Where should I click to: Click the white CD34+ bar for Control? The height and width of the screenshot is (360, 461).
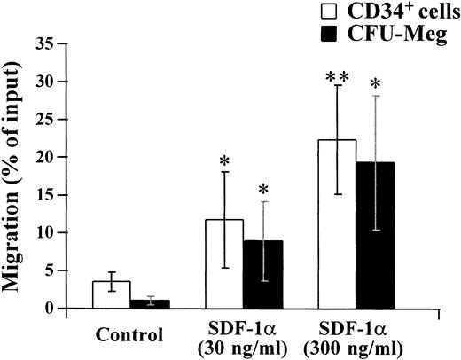pyautogui.click(x=111, y=295)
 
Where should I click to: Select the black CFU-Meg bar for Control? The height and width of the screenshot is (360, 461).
pyautogui.click(x=150, y=304)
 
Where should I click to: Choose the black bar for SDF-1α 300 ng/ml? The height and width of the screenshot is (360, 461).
pyautogui.click(x=376, y=236)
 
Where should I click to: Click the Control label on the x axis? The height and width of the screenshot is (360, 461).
pyautogui.click(x=131, y=336)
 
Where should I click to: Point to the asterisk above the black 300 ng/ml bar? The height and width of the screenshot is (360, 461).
pyautogui.click(x=376, y=86)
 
